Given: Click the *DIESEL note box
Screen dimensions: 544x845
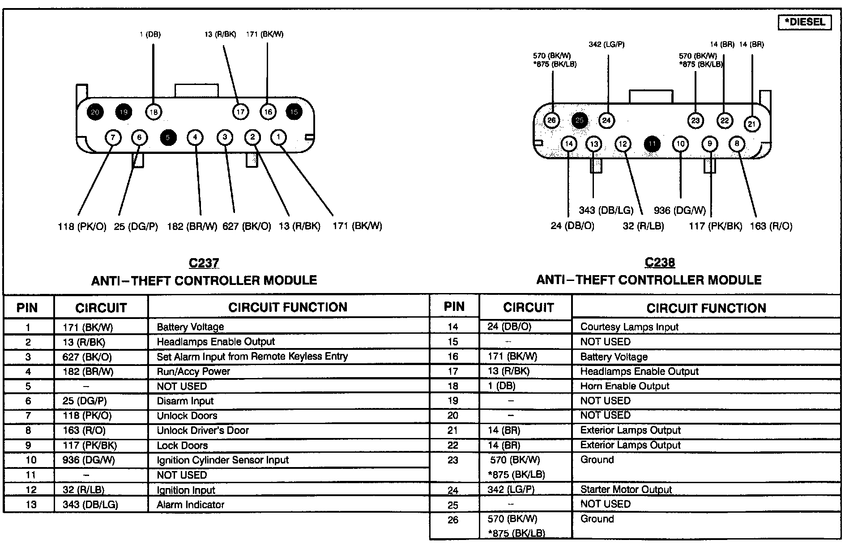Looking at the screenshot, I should pyautogui.click(x=805, y=22).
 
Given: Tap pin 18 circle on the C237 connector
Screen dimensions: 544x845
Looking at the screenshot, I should pyautogui.click(x=154, y=112).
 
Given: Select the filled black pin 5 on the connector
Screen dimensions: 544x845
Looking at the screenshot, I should pyautogui.click(x=168, y=137).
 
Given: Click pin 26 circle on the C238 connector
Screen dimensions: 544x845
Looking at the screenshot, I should pyautogui.click(x=552, y=120).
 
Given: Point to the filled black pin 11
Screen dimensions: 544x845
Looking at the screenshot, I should pyautogui.click(x=652, y=144).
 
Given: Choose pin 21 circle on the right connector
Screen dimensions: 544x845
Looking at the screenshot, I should pyautogui.click(x=752, y=124).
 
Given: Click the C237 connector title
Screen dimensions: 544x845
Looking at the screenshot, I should pyautogui.click(x=204, y=263).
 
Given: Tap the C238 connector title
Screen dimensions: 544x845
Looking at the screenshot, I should pyautogui.click(x=660, y=262).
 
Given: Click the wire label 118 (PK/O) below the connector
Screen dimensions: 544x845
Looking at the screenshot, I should pyautogui.click(x=82, y=226).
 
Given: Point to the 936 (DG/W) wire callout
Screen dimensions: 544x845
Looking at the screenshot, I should pyautogui.click(x=679, y=210).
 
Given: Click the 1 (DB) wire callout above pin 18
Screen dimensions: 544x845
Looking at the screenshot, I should pyautogui.click(x=150, y=34).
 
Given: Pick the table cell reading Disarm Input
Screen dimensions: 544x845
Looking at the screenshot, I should pyautogui.click(x=185, y=401).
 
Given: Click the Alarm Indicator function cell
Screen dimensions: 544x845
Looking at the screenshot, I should pyautogui.click(x=190, y=505).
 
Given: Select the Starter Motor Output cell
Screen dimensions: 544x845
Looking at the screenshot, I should pyautogui.click(x=626, y=489).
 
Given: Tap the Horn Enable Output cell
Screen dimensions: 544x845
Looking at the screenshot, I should pyautogui.click(x=624, y=386).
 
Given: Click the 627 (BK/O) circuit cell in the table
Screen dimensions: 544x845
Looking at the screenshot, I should pyautogui.click(x=87, y=357).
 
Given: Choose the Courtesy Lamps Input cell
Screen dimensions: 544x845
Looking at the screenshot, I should pyautogui.click(x=629, y=327).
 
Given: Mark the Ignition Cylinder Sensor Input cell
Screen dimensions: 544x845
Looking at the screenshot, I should pyautogui.click(x=222, y=460).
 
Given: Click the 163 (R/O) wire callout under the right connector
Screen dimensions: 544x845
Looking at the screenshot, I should pyautogui.click(x=771, y=226).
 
